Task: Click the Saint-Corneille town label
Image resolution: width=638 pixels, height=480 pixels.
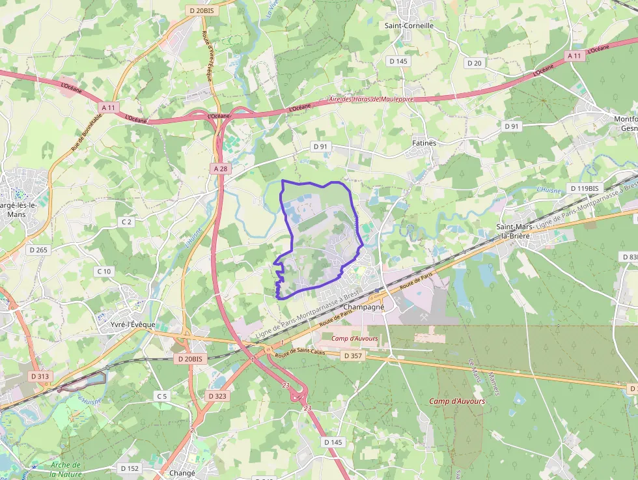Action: (x=409, y=26)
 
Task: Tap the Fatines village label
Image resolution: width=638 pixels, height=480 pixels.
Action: (x=424, y=143)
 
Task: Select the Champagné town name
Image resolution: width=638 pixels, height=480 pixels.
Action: (x=364, y=306)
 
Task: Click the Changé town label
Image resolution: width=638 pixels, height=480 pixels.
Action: (x=182, y=473)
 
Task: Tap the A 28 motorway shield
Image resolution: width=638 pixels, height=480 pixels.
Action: (x=221, y=169)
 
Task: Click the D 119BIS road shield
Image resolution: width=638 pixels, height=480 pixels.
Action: (x=584, y=189)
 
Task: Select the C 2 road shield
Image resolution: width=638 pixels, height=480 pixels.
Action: (x=126, y=222)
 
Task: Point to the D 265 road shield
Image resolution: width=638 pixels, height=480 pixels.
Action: (x=38, y=249)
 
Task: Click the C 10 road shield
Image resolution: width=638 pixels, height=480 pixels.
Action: (x=104, y=271)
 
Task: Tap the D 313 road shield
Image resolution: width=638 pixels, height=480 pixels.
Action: (x=40, y=376)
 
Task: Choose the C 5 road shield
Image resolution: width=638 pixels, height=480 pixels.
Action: (x=161, y=396)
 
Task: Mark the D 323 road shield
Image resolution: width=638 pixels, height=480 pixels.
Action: (x=217, y=396)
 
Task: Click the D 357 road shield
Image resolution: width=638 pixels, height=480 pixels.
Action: (x=352, y=356)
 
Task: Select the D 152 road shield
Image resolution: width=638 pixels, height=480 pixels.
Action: (x=130, y=468)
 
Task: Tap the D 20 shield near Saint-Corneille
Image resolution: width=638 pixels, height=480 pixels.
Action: (x=475, y=63)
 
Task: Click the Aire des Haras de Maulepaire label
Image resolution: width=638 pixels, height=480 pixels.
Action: (x=371, y=100)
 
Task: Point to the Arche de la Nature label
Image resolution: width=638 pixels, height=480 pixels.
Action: (x=66, y=470)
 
